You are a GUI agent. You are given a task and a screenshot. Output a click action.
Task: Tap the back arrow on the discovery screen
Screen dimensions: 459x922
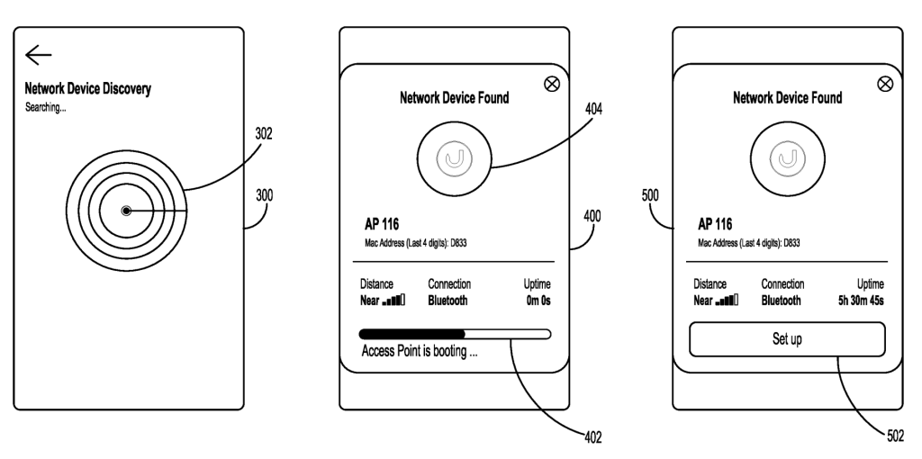click(x=38, y=57)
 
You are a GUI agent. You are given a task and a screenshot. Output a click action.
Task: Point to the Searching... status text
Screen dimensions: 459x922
click(x=46, y=106)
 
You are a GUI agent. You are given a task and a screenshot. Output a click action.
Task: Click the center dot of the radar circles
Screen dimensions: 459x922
click(x=126, y=211)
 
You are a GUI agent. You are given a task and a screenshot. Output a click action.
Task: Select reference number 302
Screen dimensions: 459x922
click(x=264, y=134)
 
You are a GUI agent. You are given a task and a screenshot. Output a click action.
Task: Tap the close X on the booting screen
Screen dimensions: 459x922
click(x=552, y=84)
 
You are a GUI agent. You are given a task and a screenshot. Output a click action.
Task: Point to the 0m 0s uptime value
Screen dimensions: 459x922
click(x=538, y=301)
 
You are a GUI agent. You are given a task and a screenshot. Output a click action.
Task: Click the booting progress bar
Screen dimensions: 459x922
click(x=455, y=334)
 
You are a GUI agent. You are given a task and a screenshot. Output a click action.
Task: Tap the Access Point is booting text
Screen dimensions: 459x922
click(x=419, y=352)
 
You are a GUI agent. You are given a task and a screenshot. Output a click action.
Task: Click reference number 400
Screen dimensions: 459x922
click(x=592, y=216)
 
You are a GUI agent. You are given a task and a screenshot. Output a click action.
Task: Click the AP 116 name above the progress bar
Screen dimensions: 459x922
click(x=378, y=224)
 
